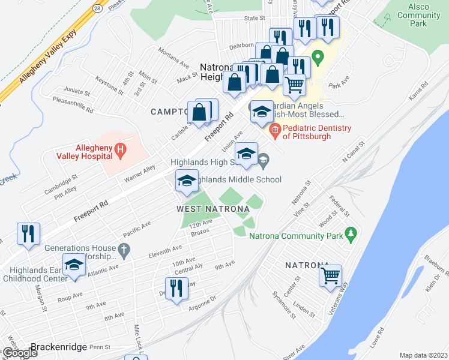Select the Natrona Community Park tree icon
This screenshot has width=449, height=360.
pyautogui.click(x=351, y=233)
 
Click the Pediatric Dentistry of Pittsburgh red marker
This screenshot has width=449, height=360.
pyautogui.click(x=276, y=129)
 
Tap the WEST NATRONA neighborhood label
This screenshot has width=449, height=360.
pyautogui.click(x=212, y=209)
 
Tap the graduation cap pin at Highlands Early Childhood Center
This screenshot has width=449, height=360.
pyautogui.click(x=74, y=266)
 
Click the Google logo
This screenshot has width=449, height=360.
pyautogui.click(x=19, y=353)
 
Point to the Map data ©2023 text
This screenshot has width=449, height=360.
pyautogui.click(x=424, y=355)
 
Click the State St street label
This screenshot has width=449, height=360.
pyautogui.click(x=250, y=19)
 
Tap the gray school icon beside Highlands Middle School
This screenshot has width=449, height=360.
pyautogui.click(x=264, y=159)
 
